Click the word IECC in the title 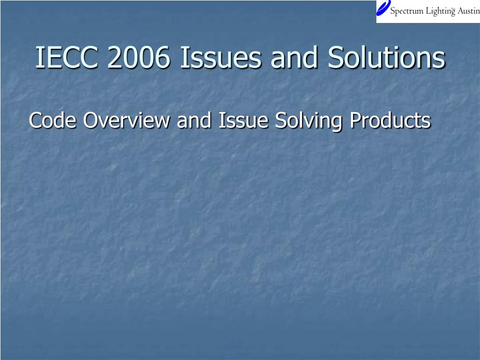67,57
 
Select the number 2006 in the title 138,57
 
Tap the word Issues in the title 221,57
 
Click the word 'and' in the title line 294,57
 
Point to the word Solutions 386,57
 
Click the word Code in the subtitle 52,120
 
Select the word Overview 127,120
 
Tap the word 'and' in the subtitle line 194,120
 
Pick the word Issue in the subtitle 243,120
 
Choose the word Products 390,120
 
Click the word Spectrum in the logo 407,12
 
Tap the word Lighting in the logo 441,12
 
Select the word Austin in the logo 469,11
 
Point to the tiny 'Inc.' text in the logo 453,8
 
